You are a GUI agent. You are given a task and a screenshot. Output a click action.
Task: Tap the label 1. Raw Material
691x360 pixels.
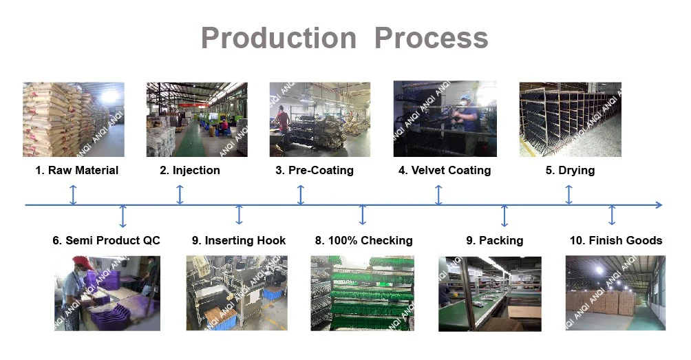click(x=76, y=170)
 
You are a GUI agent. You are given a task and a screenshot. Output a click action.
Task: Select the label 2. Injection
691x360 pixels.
click(x=190, y=170)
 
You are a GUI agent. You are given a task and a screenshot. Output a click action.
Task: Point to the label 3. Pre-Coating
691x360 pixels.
click(x=314, y=170)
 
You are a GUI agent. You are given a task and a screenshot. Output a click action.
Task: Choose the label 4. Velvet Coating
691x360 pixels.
click(x=445, y=170)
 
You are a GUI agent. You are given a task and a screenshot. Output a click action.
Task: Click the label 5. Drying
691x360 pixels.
click(x=570, y=170)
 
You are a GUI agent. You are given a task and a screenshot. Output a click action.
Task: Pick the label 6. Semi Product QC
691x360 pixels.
click(x=106, y=240)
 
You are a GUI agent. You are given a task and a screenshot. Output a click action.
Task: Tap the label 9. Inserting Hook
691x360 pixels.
click(x=239, y=240)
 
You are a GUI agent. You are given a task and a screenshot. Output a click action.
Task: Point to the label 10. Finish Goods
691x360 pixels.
click(x=616, y=240)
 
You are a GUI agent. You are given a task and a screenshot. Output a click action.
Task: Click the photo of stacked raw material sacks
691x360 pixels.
click(x=74, y=119)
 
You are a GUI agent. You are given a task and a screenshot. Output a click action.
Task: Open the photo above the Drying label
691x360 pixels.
click(x=570, y=119)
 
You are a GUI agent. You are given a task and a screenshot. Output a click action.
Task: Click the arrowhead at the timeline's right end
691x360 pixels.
click(x=659, y=205)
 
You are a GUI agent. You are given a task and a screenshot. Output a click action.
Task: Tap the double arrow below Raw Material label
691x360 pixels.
click(x=74, y=195)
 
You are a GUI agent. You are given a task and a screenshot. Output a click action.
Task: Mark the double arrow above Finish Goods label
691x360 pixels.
click(x=612, y=215)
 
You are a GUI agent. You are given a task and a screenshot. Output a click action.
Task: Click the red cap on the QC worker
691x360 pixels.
click(x=83, y=263)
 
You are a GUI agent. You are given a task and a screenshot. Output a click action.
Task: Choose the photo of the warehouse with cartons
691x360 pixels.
click(x=615, y=293)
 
